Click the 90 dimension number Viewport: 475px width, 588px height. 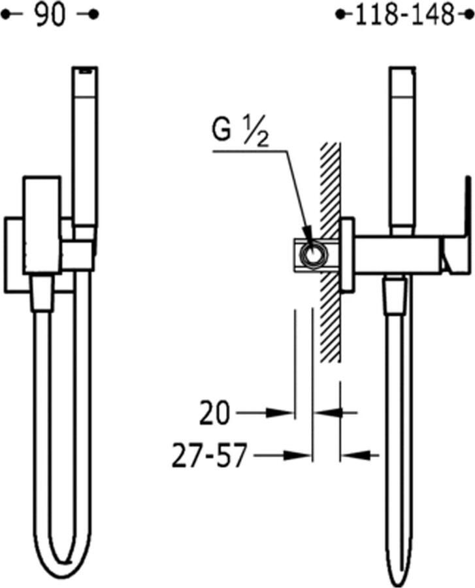point(50,15)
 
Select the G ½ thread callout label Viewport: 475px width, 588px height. point(240,134)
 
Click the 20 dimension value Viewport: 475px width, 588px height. point(214,413)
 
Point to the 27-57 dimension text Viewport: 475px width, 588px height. point(210,455)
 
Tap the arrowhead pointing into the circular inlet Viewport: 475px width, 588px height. point(309,235)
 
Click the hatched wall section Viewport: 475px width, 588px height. point(331,252)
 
